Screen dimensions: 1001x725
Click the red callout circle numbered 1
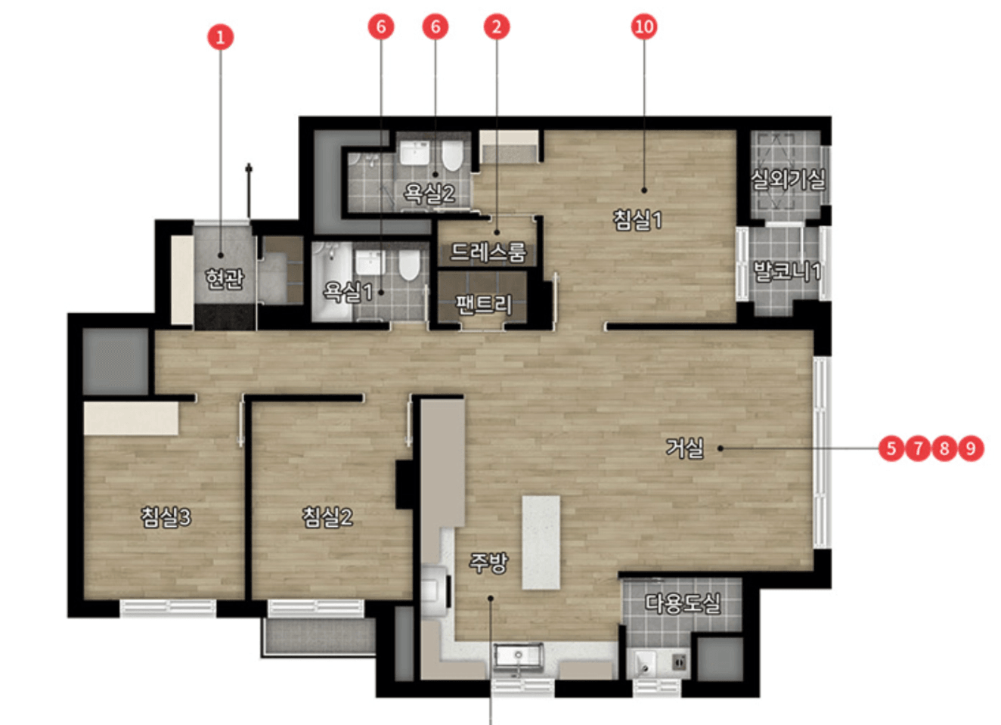[220, 37]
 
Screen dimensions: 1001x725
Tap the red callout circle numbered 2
[497, 26]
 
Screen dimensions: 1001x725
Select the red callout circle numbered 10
[644, 26]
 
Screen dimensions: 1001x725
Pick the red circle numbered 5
[891, 448]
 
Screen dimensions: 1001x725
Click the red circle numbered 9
[971, 448]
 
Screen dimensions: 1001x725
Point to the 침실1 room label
[637, 220]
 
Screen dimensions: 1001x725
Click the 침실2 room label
[327, 516]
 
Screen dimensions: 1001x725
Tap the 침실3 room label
[166, 516]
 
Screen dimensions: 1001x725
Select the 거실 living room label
[685, 448]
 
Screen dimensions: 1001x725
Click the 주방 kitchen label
[488, 562]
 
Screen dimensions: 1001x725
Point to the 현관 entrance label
[225, 279]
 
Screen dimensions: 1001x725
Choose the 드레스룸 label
[488, 252]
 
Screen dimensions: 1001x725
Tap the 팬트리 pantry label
[484, 305]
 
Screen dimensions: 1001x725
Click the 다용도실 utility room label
[683, 603]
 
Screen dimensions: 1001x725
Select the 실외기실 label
[787, 180]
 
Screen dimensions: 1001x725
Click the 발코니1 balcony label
[787, 271]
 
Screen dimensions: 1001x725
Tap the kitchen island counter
[541, 542]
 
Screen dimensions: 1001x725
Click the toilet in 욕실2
[452, 155]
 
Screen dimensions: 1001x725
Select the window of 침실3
[168, 607]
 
